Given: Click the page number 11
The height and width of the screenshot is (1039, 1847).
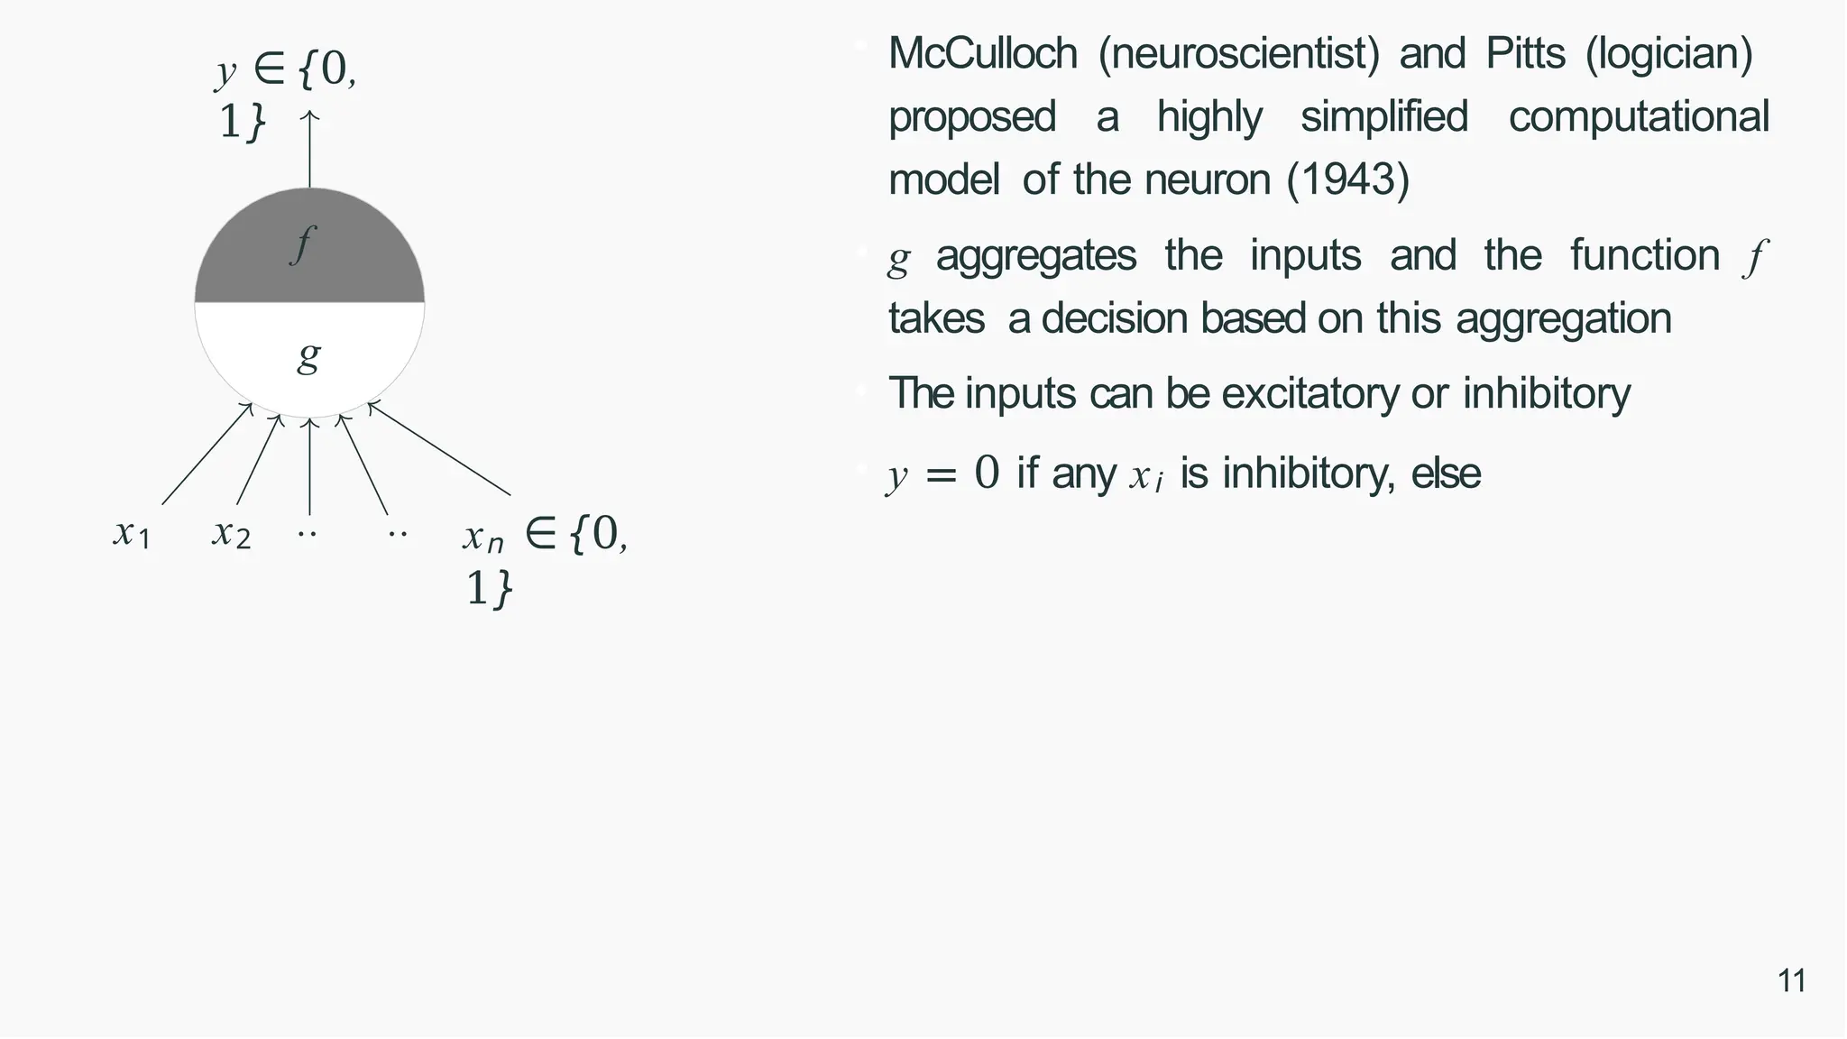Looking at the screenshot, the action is [x=1791, y=980].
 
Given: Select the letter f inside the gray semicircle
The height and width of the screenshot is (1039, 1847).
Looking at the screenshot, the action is [x=303, y=244].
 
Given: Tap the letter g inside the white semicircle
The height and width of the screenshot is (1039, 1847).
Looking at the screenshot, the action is [x=308, y=356].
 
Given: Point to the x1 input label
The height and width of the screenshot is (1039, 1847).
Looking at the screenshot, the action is [x=132, y=533].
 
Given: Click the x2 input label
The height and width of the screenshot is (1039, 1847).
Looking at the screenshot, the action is [x=231, y=533].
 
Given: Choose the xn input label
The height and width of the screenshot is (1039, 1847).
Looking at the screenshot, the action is [x=483, y=537].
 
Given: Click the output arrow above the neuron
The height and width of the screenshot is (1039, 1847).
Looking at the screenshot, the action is [x=309, y=149].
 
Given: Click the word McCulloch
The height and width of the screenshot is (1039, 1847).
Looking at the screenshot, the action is [x=982, y=54].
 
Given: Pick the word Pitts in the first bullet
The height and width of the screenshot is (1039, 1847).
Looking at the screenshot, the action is [x=1524, y=54].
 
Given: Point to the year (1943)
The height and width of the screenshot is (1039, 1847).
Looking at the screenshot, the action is [x=1347, y=179].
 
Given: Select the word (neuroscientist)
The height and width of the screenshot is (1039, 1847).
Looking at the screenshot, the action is [x=1238, y=54].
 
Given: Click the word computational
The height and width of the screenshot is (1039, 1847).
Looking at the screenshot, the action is [x=1639, y=117].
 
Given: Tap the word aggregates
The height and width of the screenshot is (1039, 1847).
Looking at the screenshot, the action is [x=1035, y=255].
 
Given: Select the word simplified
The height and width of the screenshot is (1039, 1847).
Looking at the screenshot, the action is [x=1384, y=117].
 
